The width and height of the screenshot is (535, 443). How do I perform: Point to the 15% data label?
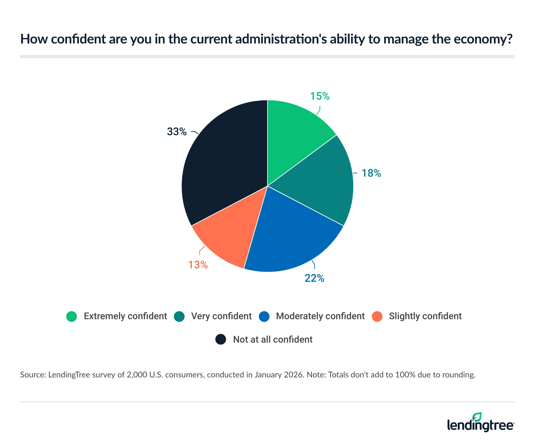[x=320, y=96]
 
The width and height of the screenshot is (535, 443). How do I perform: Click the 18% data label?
[x=371, y=173]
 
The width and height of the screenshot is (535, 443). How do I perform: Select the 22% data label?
[x=314, y=278]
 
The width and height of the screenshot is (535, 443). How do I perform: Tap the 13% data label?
[x=198, y=265]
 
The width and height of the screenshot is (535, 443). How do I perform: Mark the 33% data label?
[x=177, y=132]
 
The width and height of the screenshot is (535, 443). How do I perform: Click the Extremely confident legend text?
[x=125, y=316]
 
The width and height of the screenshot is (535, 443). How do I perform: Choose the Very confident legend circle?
[x=180, y=317]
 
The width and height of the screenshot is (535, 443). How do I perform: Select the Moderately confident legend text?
[x=320, y=316]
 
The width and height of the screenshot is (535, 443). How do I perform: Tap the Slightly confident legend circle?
[x=377, y=317]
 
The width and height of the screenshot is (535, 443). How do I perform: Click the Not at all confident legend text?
[x=273, y=340]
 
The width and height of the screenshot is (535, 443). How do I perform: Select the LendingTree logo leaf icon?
[x=477, y=417]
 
